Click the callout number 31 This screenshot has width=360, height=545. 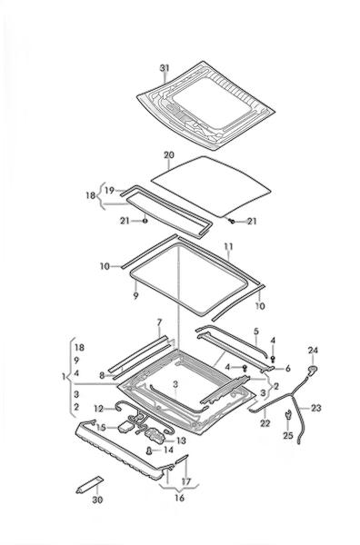[x=165, y=68]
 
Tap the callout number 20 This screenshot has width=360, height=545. [x=169, y=155]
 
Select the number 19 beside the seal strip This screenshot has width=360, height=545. [x=110, y=191]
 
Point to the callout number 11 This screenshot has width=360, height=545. [x=228, y=247]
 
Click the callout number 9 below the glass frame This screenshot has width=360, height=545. [x=135, y=296]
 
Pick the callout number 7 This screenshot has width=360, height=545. [x=159, y=322]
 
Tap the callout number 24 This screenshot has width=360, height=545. [x=313, y=350]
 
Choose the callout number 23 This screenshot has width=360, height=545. [x=316, y=408]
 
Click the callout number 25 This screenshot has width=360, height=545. [x=288, y=435]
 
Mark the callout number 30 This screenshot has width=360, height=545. [x=98, y=500]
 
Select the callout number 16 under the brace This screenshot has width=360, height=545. [x=179, y=498]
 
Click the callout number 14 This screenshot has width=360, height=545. [x=168, y=451]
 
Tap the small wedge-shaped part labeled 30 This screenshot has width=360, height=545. [x=90, y=485]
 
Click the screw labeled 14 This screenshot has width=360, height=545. [x=150, y=451]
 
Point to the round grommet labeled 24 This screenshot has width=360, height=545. [x=313, y=369]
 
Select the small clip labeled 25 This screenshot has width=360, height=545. [x=288, y=415]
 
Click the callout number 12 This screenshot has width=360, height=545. [x=99, y=409]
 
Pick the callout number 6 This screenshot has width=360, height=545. [x=287, y=369]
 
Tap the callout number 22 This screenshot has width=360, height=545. [x=265, y=423]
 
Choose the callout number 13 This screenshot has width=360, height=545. [x=181, y=441]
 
